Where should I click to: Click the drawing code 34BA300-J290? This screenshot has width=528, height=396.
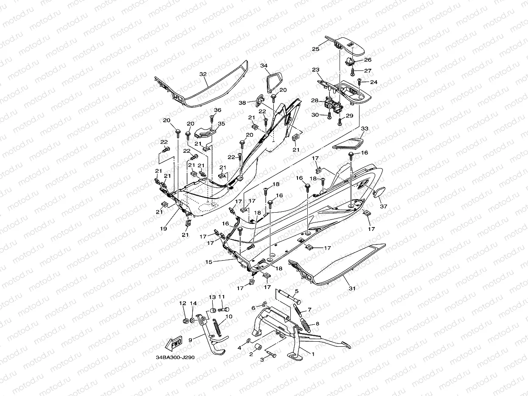point(175,357)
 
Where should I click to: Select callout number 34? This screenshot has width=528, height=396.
point(264,66)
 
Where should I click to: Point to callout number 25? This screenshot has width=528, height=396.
point(315,49)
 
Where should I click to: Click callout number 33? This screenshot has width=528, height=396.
point(364,129)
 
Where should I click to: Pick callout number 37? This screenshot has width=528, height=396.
point(384,206)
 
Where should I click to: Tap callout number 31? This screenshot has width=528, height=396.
point(352,288)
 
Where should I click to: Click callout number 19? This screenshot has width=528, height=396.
point(163,228)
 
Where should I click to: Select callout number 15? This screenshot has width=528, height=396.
point(208,262)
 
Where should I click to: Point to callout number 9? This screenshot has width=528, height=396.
point(191,340)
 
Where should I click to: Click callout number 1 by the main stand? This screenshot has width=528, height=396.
point(313,354)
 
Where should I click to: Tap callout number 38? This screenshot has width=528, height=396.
point(242,103)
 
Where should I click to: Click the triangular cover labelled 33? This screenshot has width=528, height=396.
point(348,143)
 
